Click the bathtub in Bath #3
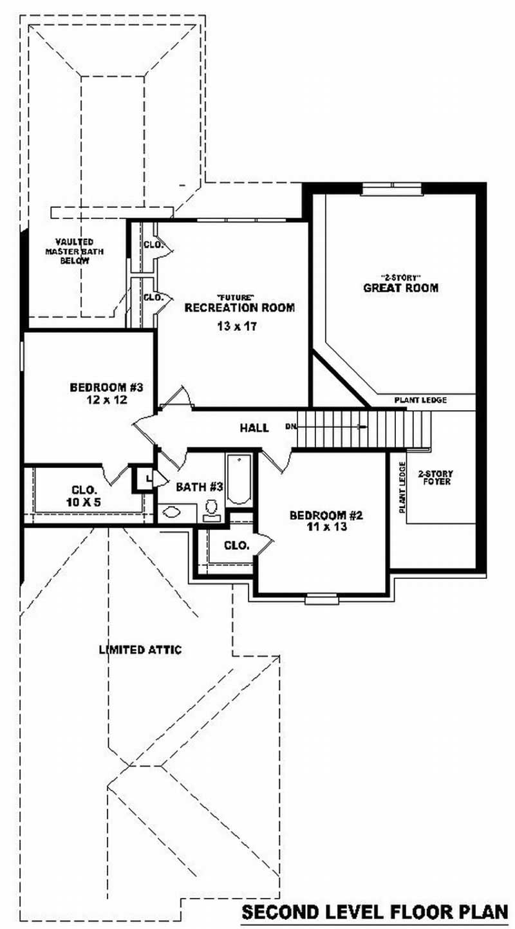coord(238,480)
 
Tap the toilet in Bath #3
coord(211,509)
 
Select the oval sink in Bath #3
coord(172,512)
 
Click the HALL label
coord(254,427)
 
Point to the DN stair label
coord(291,427)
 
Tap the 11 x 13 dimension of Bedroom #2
coord(326,527)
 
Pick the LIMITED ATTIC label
coord(140,650)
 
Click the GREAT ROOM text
coord(400,288)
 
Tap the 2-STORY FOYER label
coord(435,477)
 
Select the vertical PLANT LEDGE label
coord(402,487)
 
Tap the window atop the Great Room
coord(391,188)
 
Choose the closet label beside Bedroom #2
coord(236,545)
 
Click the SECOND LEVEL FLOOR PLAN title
coord(375,912)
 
